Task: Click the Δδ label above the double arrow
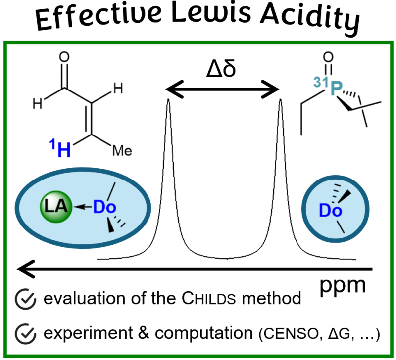click(x=221, y=69)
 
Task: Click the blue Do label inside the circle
click(x=330, y=210)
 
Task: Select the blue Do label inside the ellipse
click(x=104, y=207)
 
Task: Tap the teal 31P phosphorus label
click(x=328, y=87)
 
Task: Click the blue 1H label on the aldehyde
click(x=60, y=148)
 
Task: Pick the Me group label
click(x=122, y=151)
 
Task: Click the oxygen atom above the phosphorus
click(x=328, y=57)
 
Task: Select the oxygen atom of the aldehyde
click(x=64, y=57)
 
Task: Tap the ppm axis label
click(x=343, y=286)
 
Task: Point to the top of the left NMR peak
click(x=168, y=99)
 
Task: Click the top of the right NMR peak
click(x=280, y=99)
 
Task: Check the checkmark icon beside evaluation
click(x=25, y=299)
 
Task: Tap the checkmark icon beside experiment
click(x=25, y=333)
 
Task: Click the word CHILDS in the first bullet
click(x=208, y=299)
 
